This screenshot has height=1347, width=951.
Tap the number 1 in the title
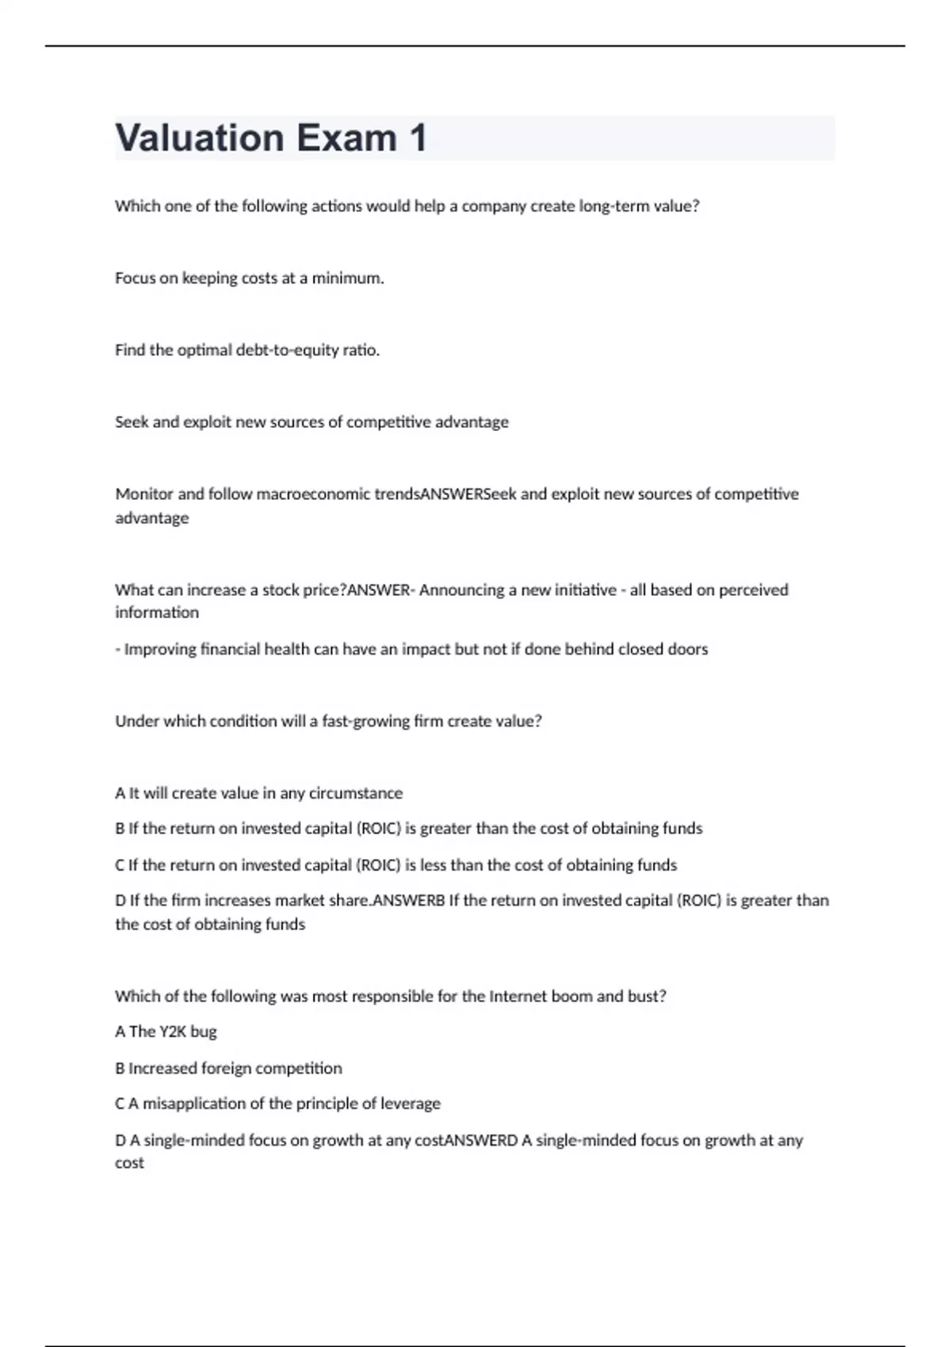418,138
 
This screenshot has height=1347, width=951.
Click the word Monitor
143,494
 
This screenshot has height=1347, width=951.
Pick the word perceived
750,590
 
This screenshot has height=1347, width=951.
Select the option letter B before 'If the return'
120,829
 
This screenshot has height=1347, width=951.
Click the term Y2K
173,1032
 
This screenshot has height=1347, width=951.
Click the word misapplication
194,1104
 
